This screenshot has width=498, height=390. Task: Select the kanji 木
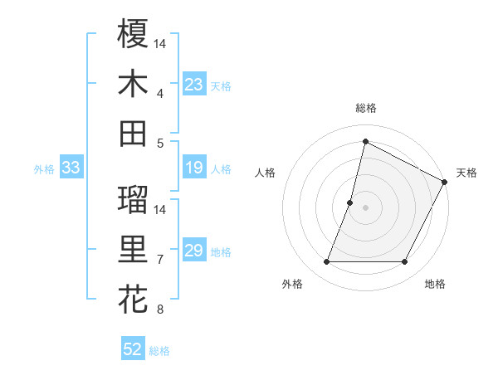click(133, 84)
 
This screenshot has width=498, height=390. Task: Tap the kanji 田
click(133, 133)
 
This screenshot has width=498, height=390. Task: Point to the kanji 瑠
click(133, 200)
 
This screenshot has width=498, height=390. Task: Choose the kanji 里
click(133, 250)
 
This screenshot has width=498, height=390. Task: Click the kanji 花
click(133, 300)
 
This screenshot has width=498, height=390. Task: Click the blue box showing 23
click(194, 85)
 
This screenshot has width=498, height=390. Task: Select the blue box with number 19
click(194, 168)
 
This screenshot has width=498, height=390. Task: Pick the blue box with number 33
click(71, 168)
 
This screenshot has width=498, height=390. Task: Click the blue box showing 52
click(133, 349)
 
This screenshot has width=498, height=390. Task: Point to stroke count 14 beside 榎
click(160, 43)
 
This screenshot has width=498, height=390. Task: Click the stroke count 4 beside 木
click(160, 93)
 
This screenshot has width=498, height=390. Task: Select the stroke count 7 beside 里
click(160, 260)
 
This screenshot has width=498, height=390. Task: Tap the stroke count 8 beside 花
click(160, 310)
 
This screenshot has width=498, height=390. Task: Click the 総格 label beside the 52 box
click(159, 350)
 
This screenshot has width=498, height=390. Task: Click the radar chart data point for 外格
click(326, 262)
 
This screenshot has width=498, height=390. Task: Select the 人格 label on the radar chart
click(266, 173)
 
